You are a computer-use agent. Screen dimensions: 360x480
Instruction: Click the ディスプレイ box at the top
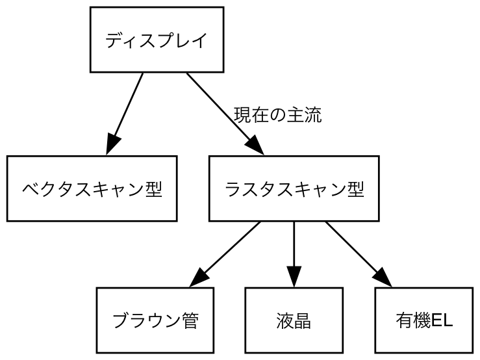[157, 40]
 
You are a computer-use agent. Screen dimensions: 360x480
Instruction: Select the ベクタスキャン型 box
[92, 188]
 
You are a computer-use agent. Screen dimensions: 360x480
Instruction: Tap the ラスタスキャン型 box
[294, 188]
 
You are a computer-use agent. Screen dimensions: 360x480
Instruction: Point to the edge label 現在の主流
[277, 116]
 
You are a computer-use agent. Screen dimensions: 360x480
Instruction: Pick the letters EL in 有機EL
[442, 320]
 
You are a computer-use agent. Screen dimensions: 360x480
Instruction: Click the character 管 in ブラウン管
[190, 320]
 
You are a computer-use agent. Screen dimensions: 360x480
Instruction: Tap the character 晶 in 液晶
[302, 320]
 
